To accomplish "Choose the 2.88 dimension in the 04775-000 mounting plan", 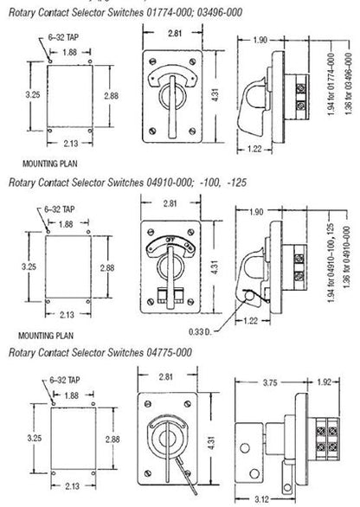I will [110, 440].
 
